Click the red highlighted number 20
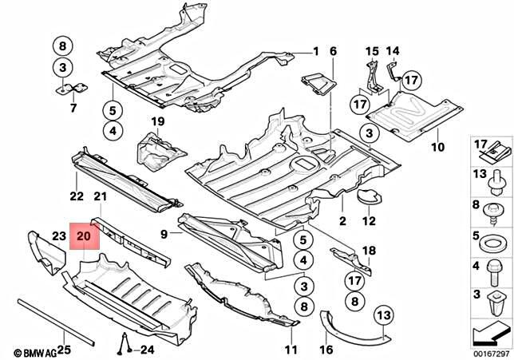click(84, 236)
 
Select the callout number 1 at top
click(315, 52)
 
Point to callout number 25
click(64, 350)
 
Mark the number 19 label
click(158, 121)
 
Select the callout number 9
click(164, 234)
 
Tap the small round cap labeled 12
click(368, 194)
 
